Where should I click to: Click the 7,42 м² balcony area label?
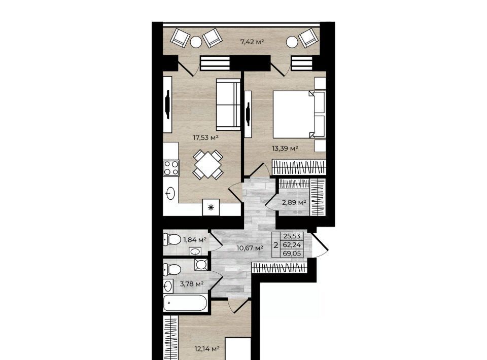pyautogui.click(x=252, y=42)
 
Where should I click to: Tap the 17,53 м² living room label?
pyautogui.click(x=206, y=137)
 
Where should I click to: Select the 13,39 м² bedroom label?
pyautogui.click(x=285, y=149)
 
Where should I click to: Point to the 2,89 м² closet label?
pyautogui.click(x=294, y=203)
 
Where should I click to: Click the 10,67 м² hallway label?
pyautogui.click(x=250, y=248)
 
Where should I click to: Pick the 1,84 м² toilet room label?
pyautogui.click(x=195, y=240)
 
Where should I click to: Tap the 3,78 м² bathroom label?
pyautogui.click(x=192, y=283)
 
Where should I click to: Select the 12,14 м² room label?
pyautogui.click(x=207, y=349)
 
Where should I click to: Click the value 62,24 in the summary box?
pyautogui.click(x=292, y=245)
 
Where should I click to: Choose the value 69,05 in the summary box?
pyautogui.click(x=292, y=253)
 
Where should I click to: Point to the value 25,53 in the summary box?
pyautogui.click(x=292, y=236)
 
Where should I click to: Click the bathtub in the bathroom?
pyautogui.click(x=185, y=303)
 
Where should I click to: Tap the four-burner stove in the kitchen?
pyautogui.click(x=171, y=168)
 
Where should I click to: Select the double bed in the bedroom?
pyautogui.click(x=299, y=114)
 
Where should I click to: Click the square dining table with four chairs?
pyautogui.click(x=208, y=165)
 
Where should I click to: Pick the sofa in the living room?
pyautogui.click(x=228, y=104)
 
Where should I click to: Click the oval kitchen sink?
pyautogui.click(x=170, y=194)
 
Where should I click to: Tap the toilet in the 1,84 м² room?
pyautogui.click(x=172, y=240)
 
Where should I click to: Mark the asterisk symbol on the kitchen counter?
pyautogui.click(x=211, y=207)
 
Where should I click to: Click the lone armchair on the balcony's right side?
pyautogui.click(x=308, y=38)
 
